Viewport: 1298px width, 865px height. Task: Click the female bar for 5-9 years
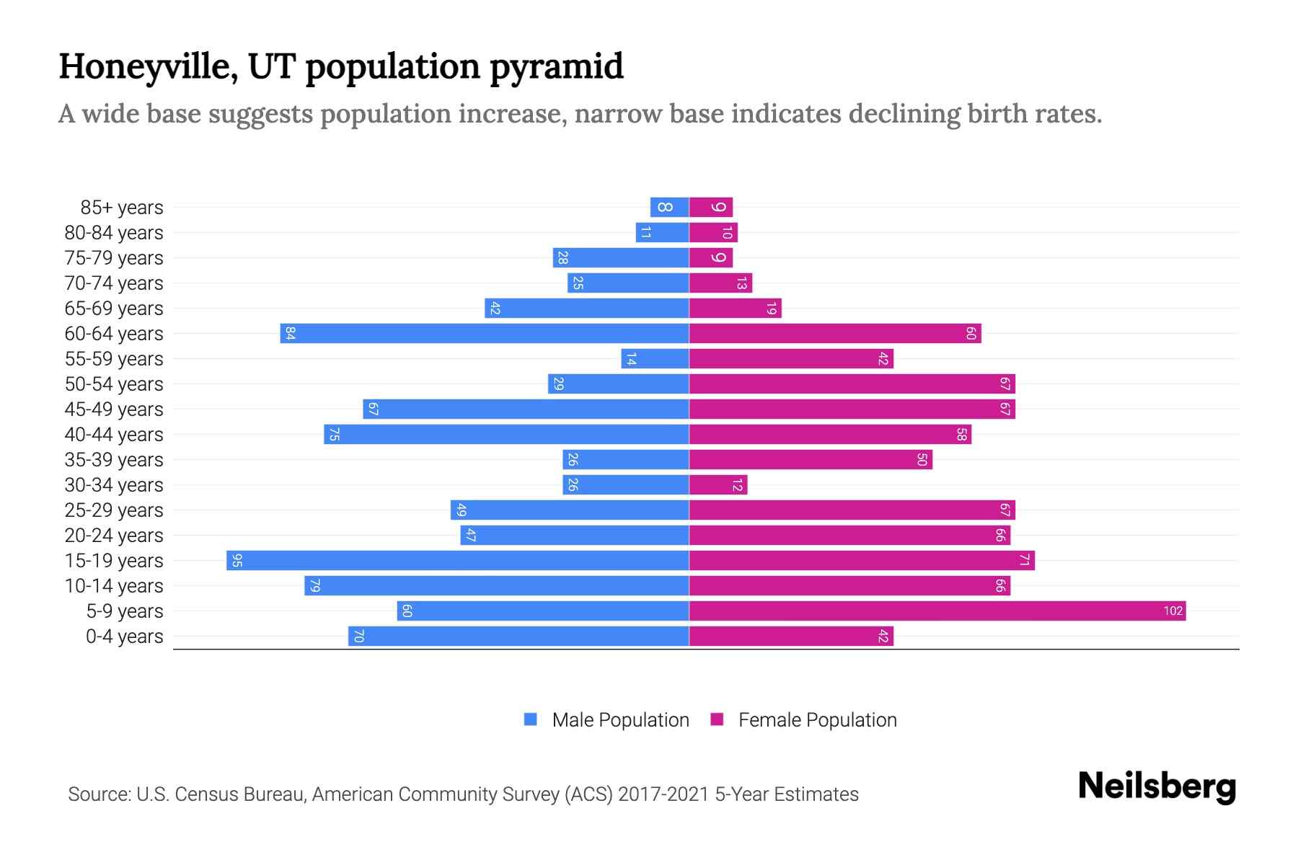tap(937, 611)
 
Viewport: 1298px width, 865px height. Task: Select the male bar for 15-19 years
tap(458, 561)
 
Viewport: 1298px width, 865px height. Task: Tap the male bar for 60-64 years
tap(485, 334)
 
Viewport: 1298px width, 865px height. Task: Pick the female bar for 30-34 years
tap(718, 485)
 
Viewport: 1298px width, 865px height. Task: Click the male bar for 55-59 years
tap(655, 359)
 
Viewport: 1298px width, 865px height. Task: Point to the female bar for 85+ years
tap(711, 208)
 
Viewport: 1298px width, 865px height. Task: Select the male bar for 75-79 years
tap(621, 258)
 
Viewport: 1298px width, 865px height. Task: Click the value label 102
tap(1173, 611)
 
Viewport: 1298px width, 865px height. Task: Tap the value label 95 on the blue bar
tap(237, 561)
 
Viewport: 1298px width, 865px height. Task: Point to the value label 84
tap(290, 334)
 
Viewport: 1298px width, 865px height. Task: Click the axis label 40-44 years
tap(114, 435)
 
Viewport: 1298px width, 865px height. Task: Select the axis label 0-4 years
tap(124, 636)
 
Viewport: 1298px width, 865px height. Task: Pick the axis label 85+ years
tap(122, 208)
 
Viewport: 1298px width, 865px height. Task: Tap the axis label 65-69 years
tap(114, 309)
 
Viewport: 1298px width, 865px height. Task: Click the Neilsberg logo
tap(1157, 786)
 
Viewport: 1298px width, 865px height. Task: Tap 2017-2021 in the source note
tap(663, 794)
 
